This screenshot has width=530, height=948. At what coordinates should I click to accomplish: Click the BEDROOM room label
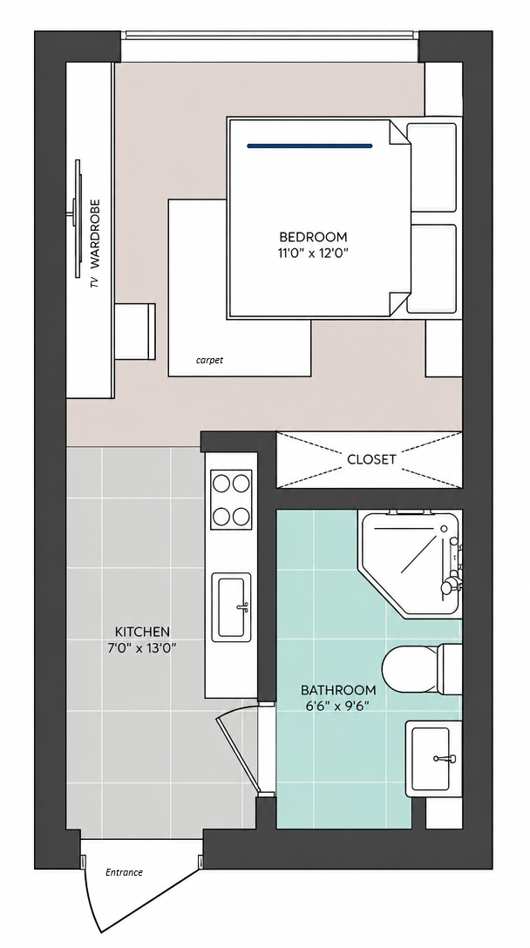pos(313,236)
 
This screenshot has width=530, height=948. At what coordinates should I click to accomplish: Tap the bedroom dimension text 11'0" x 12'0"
pos(313,254)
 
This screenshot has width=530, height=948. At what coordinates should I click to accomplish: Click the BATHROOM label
pos(338,690)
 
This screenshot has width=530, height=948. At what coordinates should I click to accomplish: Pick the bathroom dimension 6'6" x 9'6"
pos(338,706)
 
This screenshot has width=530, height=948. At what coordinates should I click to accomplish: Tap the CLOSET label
pos(371,459)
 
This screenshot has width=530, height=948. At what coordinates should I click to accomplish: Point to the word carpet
pos(209,361)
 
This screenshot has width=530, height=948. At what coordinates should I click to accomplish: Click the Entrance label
pos(124,872)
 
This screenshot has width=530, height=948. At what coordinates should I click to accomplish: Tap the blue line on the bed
pos(309,146)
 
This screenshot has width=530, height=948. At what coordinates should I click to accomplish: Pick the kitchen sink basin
pos(231,607)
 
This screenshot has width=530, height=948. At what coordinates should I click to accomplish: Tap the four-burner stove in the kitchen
pos(231,499)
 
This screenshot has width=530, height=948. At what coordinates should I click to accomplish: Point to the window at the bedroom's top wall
pos(270,46)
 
